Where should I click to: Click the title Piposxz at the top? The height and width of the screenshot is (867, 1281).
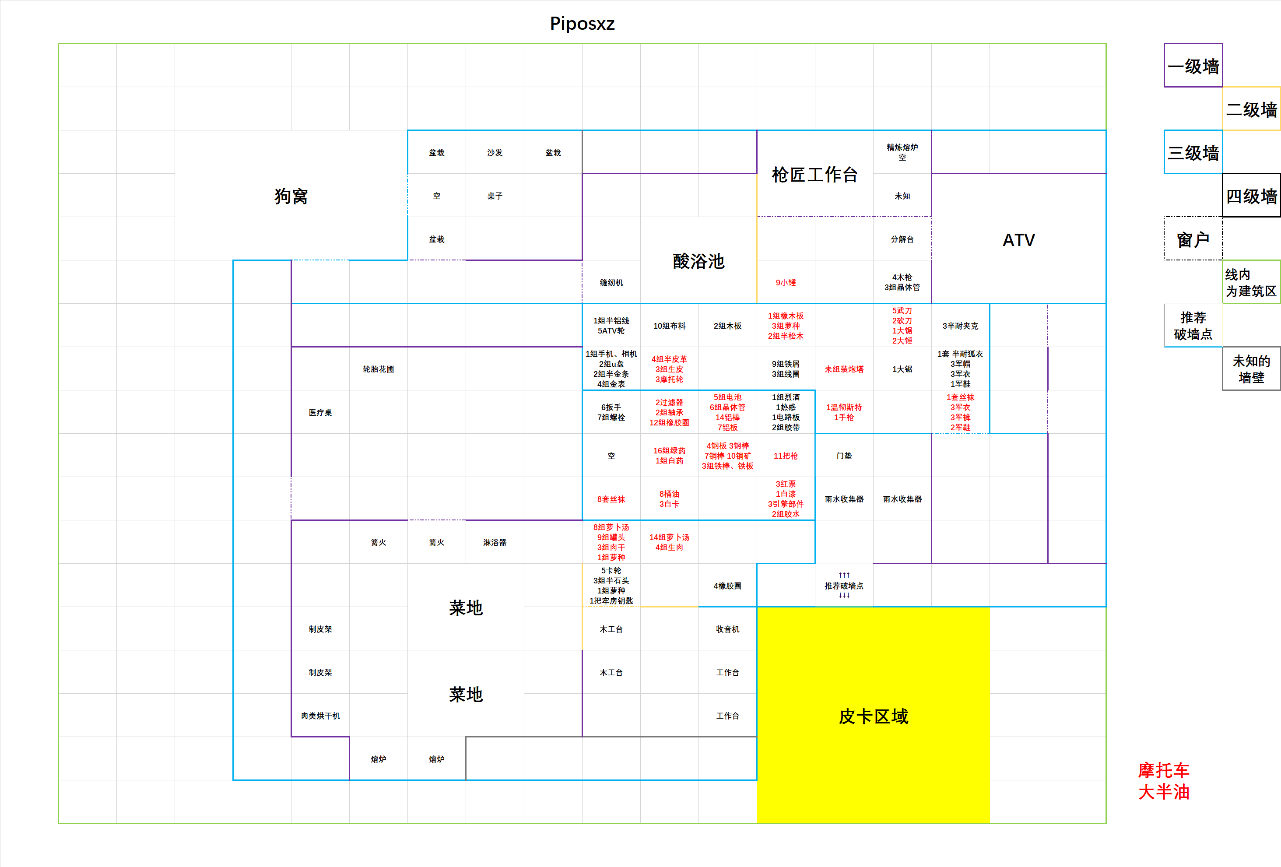(582, 23)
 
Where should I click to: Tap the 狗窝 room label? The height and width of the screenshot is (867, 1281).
(291, 196)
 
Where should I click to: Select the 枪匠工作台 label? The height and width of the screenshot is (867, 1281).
(814, 175)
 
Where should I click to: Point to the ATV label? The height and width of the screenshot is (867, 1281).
(1018, 240)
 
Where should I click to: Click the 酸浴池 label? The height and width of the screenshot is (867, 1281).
(698, 261)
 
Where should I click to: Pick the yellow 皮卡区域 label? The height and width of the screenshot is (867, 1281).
(873, 716)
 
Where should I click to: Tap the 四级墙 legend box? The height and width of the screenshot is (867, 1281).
(1251, 196)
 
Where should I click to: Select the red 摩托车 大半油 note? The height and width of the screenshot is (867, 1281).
(1164, 781)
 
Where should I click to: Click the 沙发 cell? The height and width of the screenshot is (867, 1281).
(495, 153)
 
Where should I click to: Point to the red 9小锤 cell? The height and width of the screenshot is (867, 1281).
(786, 283)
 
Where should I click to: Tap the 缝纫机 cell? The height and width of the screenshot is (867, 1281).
(611, 283)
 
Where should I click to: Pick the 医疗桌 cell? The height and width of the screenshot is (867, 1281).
(320, 413)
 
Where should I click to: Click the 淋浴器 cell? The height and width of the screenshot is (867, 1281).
(495, 543)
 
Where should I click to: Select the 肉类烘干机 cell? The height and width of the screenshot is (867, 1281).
(320, 716)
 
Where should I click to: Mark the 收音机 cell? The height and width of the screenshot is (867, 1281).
(727, 629)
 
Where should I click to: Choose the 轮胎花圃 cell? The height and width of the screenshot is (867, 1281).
(378, 369)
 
